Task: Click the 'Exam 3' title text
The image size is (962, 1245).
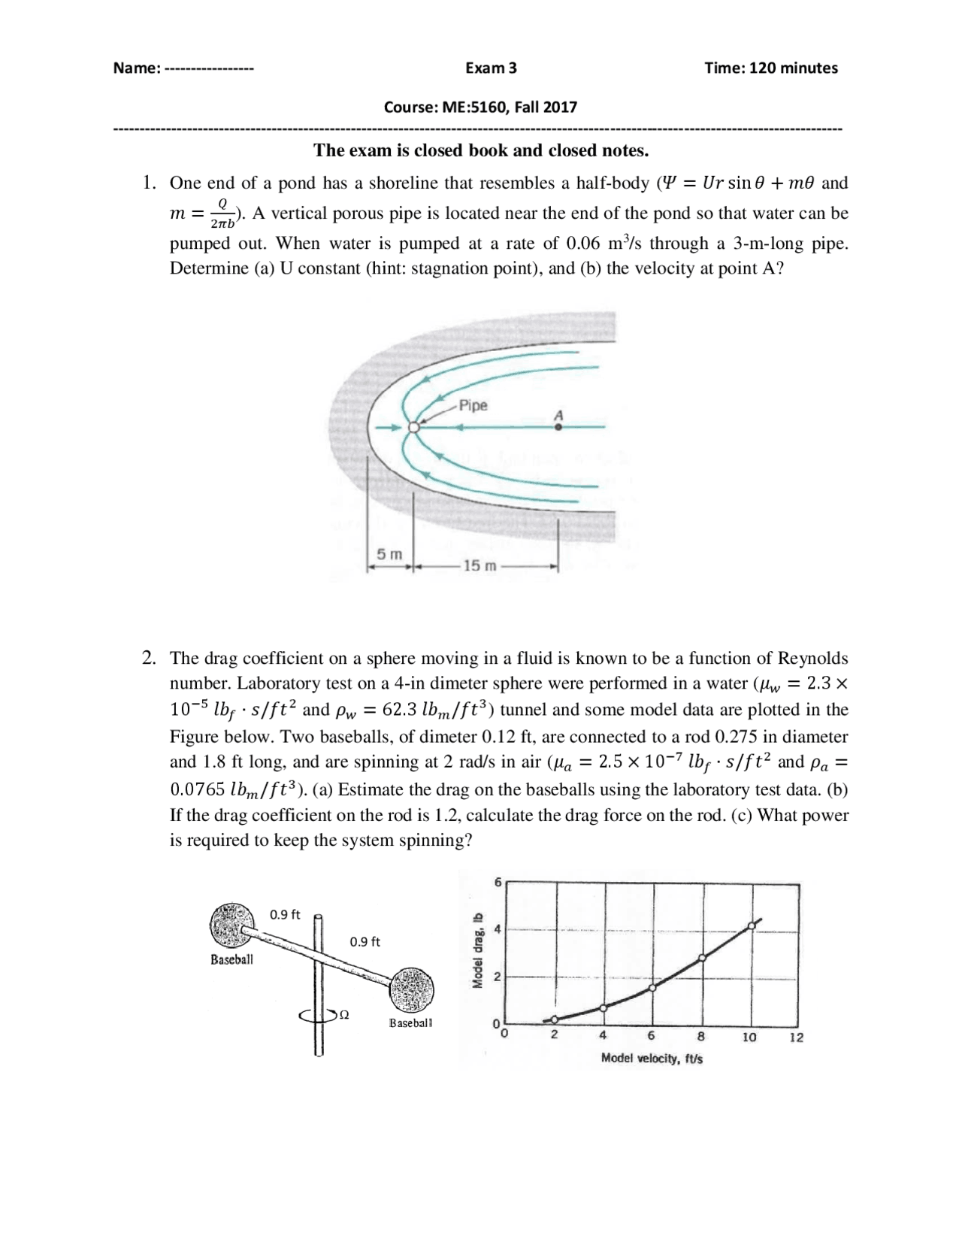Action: pos(491,68)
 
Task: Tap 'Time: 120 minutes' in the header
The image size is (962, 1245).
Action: pos(770,68)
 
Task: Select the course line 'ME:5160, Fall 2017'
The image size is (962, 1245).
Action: pos(480,107)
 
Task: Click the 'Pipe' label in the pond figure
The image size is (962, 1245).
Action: pos(473,406)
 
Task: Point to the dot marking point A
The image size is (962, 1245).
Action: pos(558,427)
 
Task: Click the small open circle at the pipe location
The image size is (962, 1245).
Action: pos(413,428)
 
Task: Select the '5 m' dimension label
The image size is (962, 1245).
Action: pos(389,555)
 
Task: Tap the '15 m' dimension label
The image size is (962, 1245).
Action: pos(479,565)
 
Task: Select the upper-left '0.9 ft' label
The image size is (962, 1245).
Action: pos(285,915)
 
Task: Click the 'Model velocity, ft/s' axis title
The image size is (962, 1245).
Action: pos(652,1059)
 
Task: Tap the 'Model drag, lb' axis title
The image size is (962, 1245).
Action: pos(476,950)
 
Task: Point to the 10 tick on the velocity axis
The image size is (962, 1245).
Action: pos(749,1037)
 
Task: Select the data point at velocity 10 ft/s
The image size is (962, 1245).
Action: pos(752,926)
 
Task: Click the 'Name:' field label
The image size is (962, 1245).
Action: pos(136,68)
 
